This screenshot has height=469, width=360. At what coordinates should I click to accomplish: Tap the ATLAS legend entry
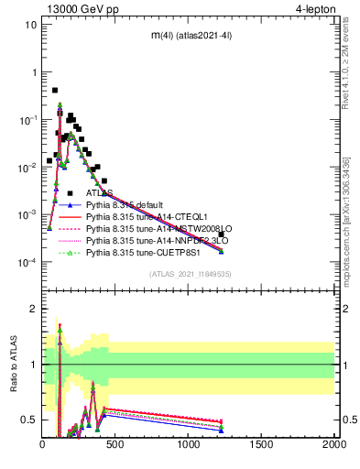pos(99,193)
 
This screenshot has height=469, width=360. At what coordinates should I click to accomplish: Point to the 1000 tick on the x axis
pos(189,444)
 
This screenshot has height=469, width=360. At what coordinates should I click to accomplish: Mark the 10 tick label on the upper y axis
pos(31,25)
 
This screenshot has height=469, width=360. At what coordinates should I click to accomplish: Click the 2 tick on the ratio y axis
pos(33,309)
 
